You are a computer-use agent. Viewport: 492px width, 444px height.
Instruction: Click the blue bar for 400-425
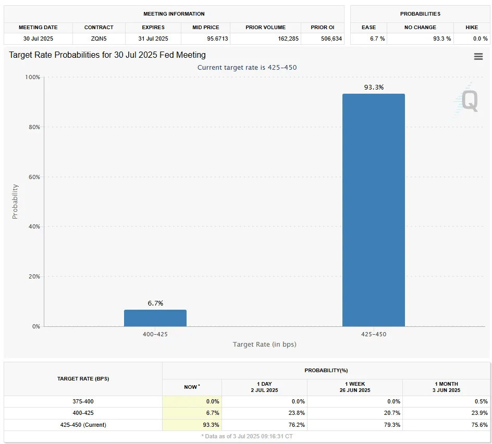point(155,318)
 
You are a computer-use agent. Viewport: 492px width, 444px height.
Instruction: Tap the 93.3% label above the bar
point(373,87)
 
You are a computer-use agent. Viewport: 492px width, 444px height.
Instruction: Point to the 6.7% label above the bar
point(155,303)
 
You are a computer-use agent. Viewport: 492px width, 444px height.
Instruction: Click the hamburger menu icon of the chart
point(478,57)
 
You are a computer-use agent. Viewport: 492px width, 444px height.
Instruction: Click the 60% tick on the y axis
point(34,177)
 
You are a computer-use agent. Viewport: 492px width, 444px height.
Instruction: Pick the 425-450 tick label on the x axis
point(373,334)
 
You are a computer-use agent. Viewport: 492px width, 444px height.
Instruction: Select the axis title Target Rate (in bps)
point(264,344)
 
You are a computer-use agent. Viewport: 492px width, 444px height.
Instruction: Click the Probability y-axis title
point(15,201)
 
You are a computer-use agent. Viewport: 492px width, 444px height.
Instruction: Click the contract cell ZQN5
point(99,39)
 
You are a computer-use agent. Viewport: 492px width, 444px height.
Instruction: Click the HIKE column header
point(472,27)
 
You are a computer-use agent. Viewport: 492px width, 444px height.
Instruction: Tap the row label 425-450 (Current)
point(83,425)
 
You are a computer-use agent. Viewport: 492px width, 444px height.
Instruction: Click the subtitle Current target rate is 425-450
point(247,68)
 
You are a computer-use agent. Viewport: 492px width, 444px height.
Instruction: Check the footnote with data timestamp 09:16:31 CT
point(247,436)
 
